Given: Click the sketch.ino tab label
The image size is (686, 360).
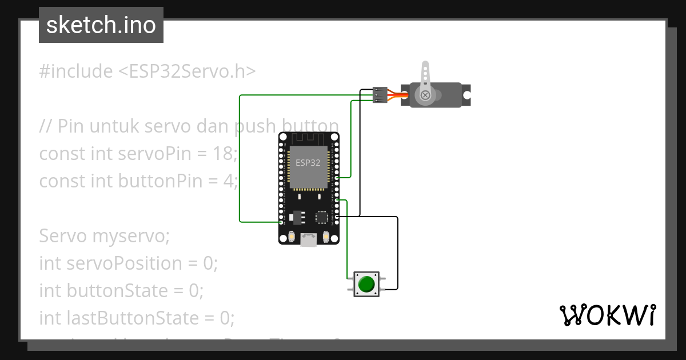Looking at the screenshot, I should (101, 25).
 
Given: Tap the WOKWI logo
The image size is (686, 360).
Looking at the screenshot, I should (607, 315).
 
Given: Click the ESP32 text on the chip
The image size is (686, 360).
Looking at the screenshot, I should (308, 162).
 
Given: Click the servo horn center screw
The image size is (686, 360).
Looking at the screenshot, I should (425, 95).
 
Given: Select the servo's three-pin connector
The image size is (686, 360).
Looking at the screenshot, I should (380, 94).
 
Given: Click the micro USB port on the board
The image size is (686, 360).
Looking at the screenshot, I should (309, 241).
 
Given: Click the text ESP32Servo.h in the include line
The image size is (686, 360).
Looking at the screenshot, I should (186, 71).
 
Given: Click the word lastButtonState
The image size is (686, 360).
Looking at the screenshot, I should (145, 318).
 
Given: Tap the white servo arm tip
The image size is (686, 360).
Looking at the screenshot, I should (425, 66).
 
